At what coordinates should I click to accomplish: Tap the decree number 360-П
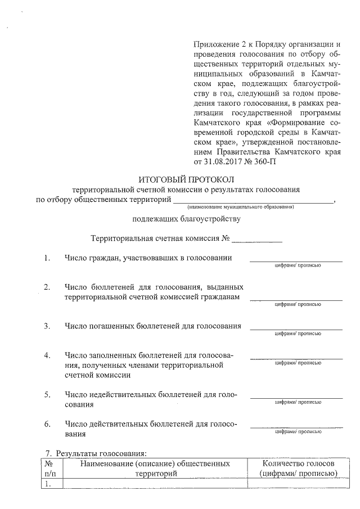(x=264, y=162)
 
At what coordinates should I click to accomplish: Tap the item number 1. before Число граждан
(x=48, y=258)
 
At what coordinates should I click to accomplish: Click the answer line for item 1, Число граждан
(x=296, y=260)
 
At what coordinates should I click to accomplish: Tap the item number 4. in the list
(x=48, y=355)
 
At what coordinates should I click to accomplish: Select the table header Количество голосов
(x=299, y=463)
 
